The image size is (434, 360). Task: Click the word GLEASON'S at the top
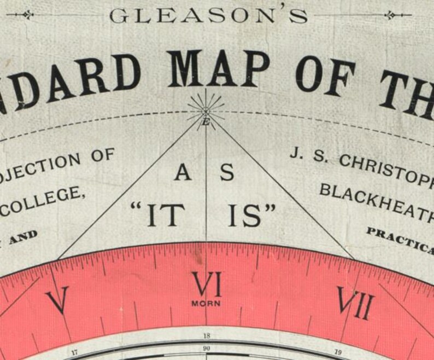[208, 15]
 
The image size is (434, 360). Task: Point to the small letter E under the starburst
[206, 123]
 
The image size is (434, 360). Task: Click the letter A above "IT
[183, 173]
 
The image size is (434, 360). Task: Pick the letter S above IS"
[227, 173]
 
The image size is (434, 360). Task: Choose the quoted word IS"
[251, 214]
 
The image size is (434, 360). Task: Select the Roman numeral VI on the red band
[206, 284]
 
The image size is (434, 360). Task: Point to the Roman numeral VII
[355, 302]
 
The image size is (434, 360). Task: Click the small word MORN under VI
[206, 303]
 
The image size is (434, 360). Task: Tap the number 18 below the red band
[206, 336]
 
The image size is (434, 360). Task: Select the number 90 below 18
[206, 348]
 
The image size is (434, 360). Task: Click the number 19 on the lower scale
[337, 353]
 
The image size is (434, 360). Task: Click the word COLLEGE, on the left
[46, 197]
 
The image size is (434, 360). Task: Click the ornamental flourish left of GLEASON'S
[20, 15]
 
